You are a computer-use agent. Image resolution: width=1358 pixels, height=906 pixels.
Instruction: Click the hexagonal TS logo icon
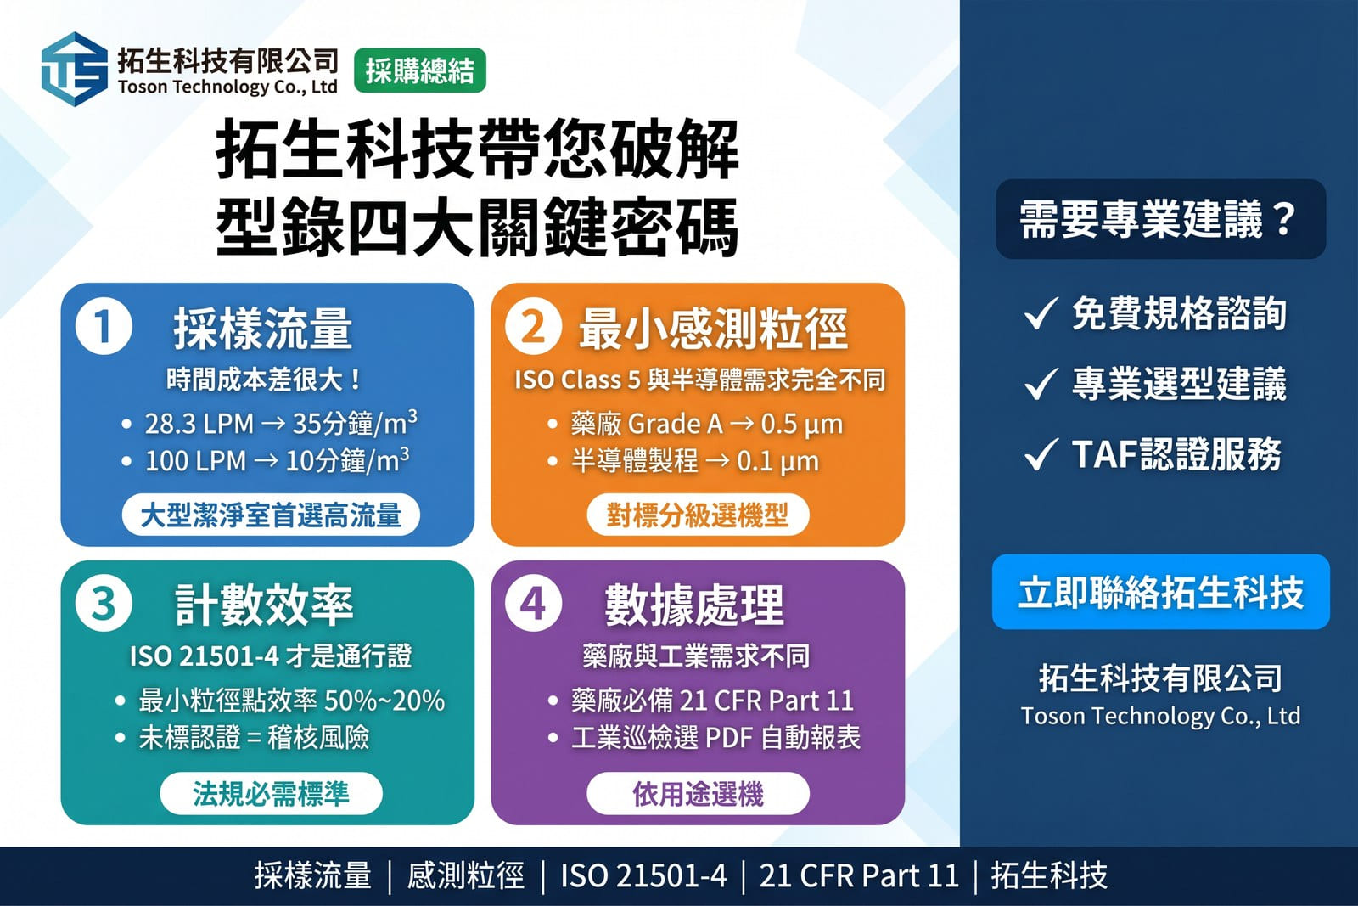click(75, 69)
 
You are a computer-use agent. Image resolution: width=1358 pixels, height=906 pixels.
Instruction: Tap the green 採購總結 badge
click(419, 70)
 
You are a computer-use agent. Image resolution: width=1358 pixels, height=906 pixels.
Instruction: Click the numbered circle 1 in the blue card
click(104, 326)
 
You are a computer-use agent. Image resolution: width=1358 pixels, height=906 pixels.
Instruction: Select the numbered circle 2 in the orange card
click(534, 326)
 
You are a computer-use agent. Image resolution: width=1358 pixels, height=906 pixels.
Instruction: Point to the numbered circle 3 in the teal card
click(104, 604)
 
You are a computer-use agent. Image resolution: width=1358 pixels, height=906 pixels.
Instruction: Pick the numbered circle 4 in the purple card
click(534, 604)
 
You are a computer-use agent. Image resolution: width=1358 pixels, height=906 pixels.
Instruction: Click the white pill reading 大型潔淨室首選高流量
click(271, 515)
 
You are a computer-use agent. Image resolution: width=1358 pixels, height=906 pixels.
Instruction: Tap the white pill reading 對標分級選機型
click(698, 515)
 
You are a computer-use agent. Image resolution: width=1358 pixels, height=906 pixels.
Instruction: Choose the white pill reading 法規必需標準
click(271, 793)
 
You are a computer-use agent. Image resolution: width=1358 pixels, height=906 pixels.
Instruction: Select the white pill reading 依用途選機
click(698, 793)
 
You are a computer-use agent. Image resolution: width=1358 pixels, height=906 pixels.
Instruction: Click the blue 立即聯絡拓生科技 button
click(1160, 592)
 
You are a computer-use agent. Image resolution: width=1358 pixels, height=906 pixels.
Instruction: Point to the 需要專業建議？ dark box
click(1160, 219)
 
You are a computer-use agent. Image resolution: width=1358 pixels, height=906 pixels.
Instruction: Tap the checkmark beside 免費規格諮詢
click(1041, 313)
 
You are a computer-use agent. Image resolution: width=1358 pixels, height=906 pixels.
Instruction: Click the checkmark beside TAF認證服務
click(1041, 454)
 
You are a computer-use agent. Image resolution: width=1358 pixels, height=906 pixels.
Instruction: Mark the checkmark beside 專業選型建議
click(1041, 384)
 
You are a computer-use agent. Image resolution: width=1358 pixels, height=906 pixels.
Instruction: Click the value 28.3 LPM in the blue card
click(199, 424)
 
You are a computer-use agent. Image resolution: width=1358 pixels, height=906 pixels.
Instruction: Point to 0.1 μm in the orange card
click(777, 462)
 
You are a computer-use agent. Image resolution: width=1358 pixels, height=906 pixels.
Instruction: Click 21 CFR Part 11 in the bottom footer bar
click(858, 875)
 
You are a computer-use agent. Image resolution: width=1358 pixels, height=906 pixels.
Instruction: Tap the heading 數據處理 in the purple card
click(694, 605)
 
